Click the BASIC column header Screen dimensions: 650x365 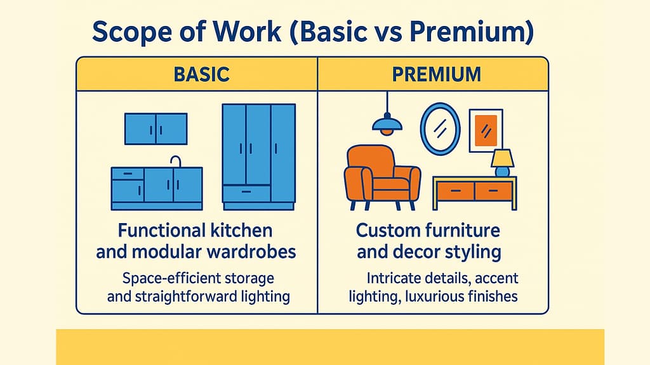[201, 75]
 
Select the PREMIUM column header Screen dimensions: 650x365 [437, 75]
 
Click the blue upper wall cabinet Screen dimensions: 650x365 [156, 129]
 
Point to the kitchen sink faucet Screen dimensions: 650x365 [176, 162]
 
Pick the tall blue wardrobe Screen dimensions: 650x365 [259, 157]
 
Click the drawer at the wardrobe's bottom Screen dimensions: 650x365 [247, 193]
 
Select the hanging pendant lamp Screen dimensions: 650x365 [387, 123]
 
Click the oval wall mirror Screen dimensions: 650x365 [440, 129]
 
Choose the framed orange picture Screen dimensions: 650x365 [486, 131]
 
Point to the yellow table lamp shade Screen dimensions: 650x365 [503, 158]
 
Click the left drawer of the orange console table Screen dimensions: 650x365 [456, 191]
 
